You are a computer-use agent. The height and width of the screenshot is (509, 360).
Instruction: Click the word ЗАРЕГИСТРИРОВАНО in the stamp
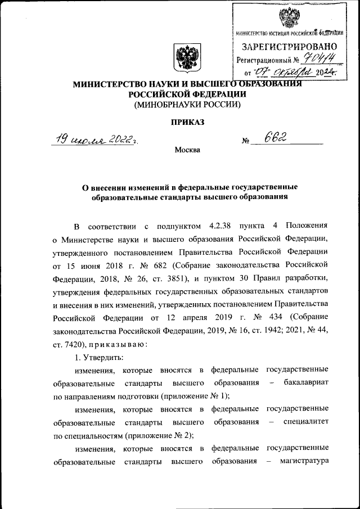[289, 46]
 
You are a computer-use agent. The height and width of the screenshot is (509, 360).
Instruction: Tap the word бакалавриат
[304, 382]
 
